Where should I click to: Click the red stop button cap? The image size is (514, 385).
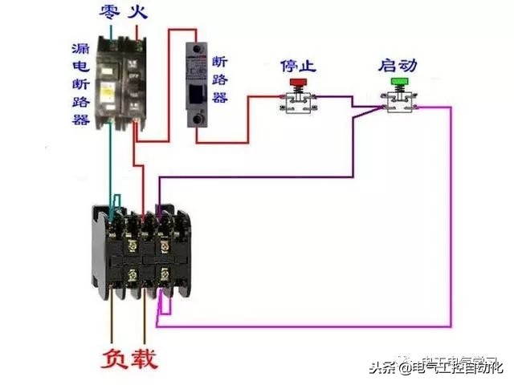coord(299,82)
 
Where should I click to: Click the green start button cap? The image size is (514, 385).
coord(399,81)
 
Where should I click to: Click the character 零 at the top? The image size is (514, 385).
coord(110,11)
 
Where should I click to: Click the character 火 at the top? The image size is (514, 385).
coord(140,11)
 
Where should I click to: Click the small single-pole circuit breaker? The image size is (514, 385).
coord(196,84)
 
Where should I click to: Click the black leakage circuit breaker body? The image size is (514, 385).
coord(120,80)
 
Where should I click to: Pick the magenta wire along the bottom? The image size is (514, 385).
coord(305,326)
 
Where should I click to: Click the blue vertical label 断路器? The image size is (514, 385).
coord(220,79)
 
